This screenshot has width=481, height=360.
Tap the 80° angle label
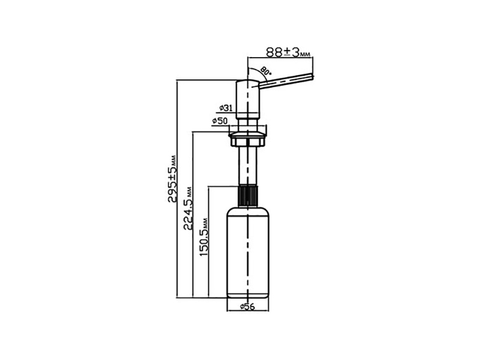[266, 71]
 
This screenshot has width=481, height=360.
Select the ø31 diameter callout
[225, 108]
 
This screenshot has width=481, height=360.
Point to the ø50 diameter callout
[219, 121]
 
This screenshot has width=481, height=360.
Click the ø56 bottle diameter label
[248, 307]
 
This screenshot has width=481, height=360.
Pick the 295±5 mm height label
[173, 178]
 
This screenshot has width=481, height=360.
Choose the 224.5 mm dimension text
[188, 209]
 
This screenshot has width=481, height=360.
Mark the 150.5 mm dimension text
[203, 237]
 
